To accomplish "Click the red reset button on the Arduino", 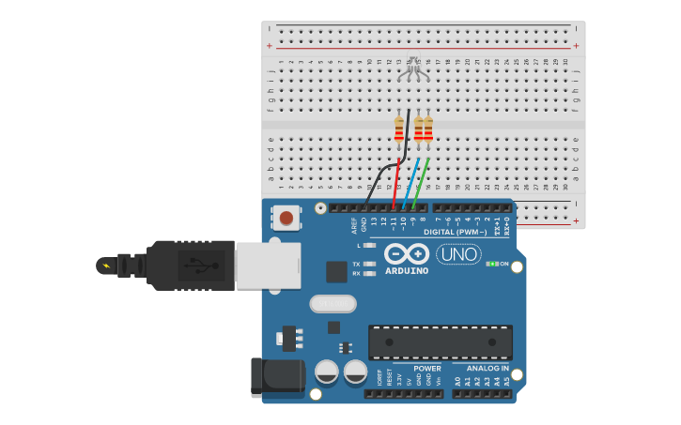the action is (286, 219).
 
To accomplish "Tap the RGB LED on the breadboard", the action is (413, 67).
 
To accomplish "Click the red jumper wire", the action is (395, 184).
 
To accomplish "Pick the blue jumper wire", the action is (410, 184).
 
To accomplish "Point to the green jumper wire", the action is (420, 184).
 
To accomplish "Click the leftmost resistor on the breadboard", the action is (398, 129).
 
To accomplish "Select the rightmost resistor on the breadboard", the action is (428, 129).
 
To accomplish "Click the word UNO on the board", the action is (458, 254).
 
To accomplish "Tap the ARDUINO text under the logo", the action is (407, 271).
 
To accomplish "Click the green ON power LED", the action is (492, 264).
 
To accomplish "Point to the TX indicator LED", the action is (369, 264).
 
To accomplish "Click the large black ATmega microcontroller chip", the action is (440, 342).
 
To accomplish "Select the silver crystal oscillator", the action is (333, 303).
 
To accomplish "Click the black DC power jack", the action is (276, 376).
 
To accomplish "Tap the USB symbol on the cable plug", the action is (195, 265).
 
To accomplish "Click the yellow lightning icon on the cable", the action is (106, 266).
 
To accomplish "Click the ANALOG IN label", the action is (488, 369).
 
